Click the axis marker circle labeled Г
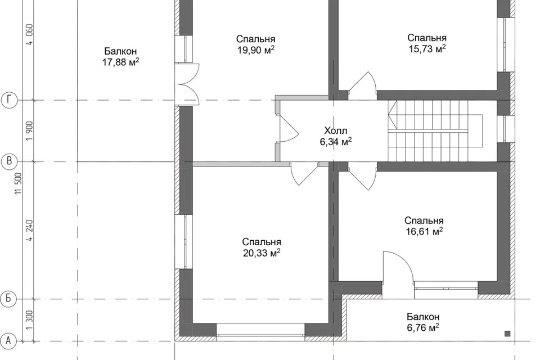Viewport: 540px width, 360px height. coord(10,100)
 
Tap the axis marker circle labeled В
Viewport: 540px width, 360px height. coord(10,161)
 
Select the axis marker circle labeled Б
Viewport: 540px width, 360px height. coord(10,299)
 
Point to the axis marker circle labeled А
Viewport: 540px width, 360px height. coord(10,341)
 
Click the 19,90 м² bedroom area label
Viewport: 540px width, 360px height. coord(255,44)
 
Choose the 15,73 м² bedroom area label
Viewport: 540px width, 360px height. coord(427,43)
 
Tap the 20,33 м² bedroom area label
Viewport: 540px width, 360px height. coord(262,247)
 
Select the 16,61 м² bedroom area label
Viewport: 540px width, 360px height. coord(424,226)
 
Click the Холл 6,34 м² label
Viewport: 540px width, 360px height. coord(336,136)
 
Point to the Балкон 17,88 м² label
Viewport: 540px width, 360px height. coord(120,56)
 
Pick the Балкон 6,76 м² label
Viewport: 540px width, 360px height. coord(423,322)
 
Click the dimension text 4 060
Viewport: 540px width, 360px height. coord(30,34)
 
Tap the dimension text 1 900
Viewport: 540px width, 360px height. coord(30,130)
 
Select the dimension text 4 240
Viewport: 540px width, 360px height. coord(30,230)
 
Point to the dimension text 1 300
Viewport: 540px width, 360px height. coord(30,320)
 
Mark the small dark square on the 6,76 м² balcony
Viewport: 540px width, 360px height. coord(507,334)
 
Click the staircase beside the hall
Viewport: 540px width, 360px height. coord(435,130)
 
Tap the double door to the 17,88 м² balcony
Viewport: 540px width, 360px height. coord(187,84)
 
